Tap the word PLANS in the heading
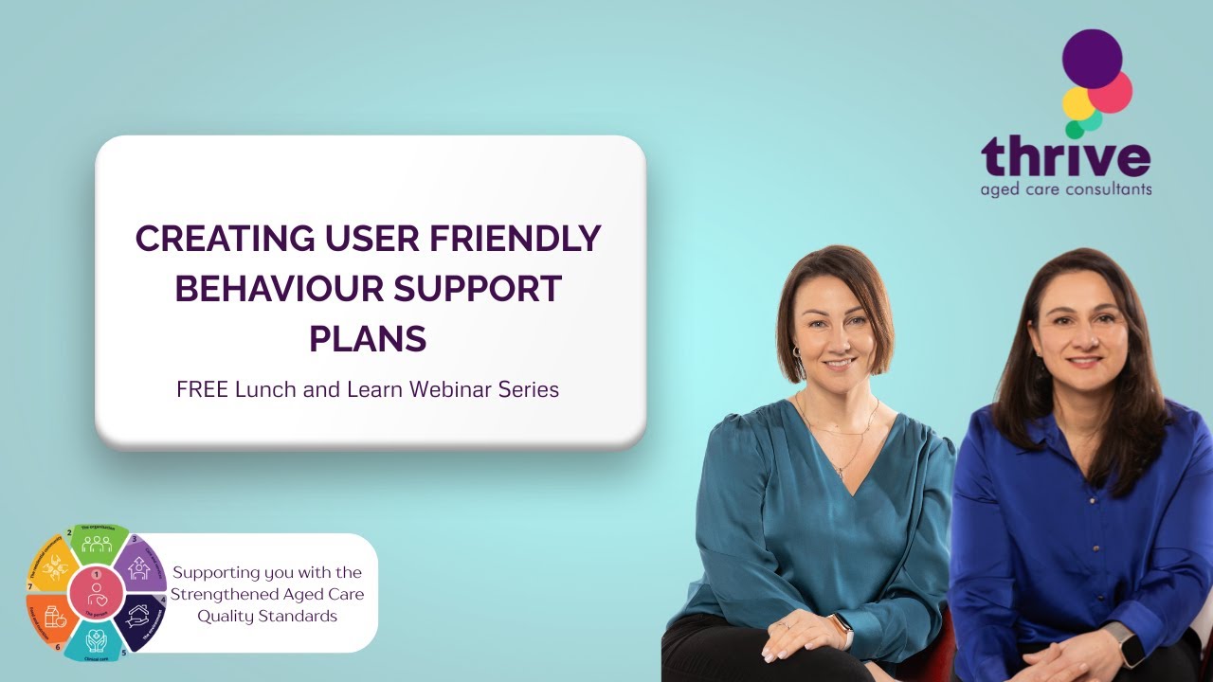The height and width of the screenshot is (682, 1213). [x=368, y=338]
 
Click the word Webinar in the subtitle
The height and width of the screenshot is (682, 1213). [x=445, y=389]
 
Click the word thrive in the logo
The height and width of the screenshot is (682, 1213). [x=1065, y=157]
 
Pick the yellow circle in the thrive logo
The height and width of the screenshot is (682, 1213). [x=1077, y=103]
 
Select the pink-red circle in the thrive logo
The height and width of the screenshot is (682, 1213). [x=1111, y=92]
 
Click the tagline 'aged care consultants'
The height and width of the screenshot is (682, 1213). [x=1066, y=189]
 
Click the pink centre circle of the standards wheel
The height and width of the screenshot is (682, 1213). [x=97, y=590]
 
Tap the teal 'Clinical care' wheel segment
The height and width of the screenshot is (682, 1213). [x=96, y=640]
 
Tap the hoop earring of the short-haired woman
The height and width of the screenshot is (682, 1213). [x=795, y=353]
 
